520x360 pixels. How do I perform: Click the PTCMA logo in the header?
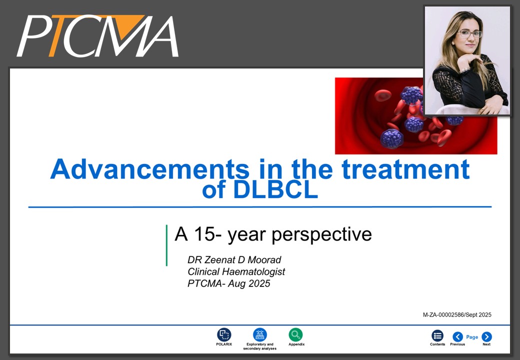point(98,36)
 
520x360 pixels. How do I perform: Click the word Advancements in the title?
point(149,169)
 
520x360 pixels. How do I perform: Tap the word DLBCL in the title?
point(275,189)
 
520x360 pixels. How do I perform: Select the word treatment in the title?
point(405,169)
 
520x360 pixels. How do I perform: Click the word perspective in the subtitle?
point(321,235)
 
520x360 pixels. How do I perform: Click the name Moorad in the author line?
point(264,259)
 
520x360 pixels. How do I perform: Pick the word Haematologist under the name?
point(253,272)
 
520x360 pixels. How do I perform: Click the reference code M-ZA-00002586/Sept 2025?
point(457,315)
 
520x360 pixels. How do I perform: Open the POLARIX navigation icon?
point(224,335)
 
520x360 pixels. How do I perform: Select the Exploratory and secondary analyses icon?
point(259,335)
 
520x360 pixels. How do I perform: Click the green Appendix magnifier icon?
point(295,335)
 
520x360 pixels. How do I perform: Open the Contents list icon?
point(437,336)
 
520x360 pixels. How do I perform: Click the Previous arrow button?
point(457,337)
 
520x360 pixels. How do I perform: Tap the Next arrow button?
point(486,337)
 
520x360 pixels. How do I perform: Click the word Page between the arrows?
point(472,337)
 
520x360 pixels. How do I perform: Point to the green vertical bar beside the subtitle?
point(166,245)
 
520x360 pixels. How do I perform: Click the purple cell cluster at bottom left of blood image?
point(391,138)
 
